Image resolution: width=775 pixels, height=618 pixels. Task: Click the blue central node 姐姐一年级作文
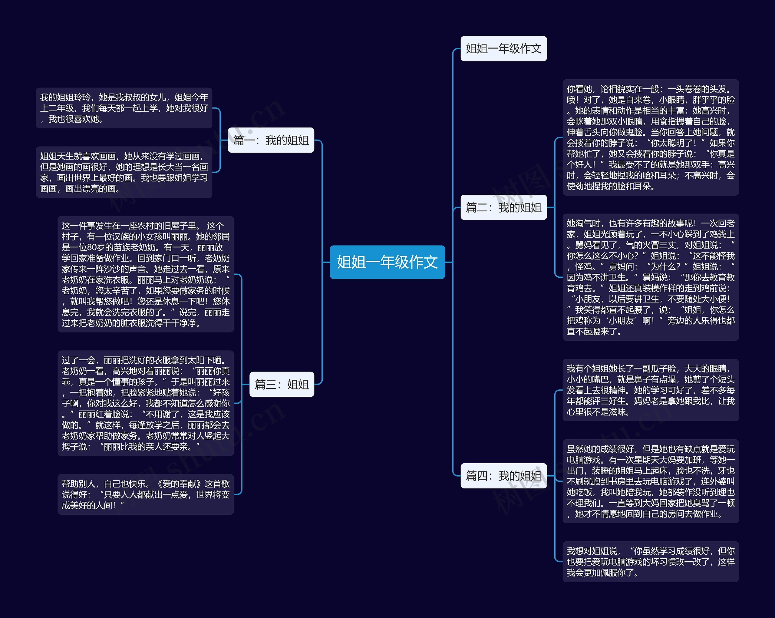coord(387,262)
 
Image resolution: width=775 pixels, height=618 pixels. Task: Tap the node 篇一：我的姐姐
coord(271,140)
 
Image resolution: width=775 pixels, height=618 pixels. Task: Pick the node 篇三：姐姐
coord(282,384)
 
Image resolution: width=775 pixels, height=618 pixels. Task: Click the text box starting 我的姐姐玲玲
coord(124,108)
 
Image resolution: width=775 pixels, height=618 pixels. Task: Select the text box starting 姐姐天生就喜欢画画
coord(124,172)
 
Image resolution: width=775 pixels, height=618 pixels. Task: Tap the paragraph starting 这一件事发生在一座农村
coord(146,274)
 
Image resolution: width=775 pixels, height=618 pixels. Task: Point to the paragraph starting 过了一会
coord(146,403)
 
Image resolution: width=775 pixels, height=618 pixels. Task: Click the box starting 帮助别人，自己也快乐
coord(146,494)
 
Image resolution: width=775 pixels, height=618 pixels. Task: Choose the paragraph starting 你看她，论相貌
coord(650,137)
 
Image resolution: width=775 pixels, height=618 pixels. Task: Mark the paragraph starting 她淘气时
coord(650,277)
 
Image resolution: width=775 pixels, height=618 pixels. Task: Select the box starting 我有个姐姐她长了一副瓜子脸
coord(650,390)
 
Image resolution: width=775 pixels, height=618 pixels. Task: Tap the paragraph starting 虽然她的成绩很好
coord(650,481)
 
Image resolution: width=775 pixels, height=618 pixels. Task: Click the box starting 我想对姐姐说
coord(650,562)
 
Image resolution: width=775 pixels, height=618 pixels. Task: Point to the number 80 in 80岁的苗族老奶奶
coord(92,247)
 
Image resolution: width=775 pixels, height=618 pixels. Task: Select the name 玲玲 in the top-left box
coord(82,97)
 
